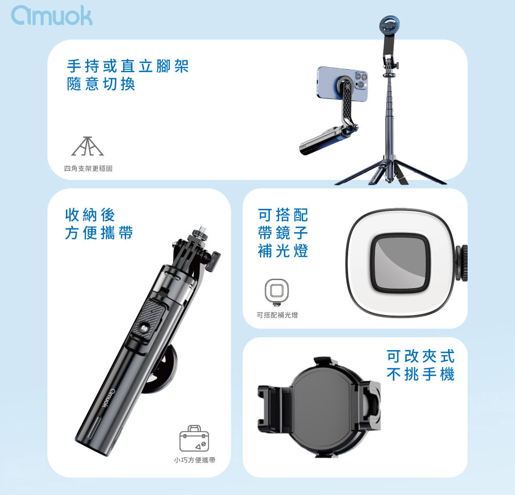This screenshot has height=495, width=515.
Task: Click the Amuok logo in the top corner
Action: (x=51, y=15)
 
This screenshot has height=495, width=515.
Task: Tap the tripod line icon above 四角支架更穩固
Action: (x=88, y=146)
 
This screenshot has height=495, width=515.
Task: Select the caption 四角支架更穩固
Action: (x=88, y=169)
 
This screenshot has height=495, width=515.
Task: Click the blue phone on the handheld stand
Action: (x=342, y=84)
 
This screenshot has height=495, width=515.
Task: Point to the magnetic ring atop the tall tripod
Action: (x=389, y=25)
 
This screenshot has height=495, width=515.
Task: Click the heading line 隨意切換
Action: (x=101, y=84)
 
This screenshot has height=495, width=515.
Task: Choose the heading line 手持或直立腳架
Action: (x=127, y=66)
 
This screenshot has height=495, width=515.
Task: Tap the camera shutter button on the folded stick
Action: (x=144, y=328)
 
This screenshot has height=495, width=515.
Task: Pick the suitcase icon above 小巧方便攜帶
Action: (x=194, y=438)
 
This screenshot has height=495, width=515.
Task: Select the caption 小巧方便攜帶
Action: (x=195, y=460)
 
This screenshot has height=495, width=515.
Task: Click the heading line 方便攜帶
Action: (x=99, y=233)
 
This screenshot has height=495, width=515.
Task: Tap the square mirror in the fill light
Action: (x=400, y=263)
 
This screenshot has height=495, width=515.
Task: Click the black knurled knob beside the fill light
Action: (x=461, y=263)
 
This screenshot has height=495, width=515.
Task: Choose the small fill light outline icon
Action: (x=277, y=292)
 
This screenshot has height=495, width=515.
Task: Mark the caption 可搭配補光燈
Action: (x=277, y=315)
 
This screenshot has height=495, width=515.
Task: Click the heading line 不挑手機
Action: (x=420, y=374)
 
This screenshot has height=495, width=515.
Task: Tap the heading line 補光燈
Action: (x=283, y=251)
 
